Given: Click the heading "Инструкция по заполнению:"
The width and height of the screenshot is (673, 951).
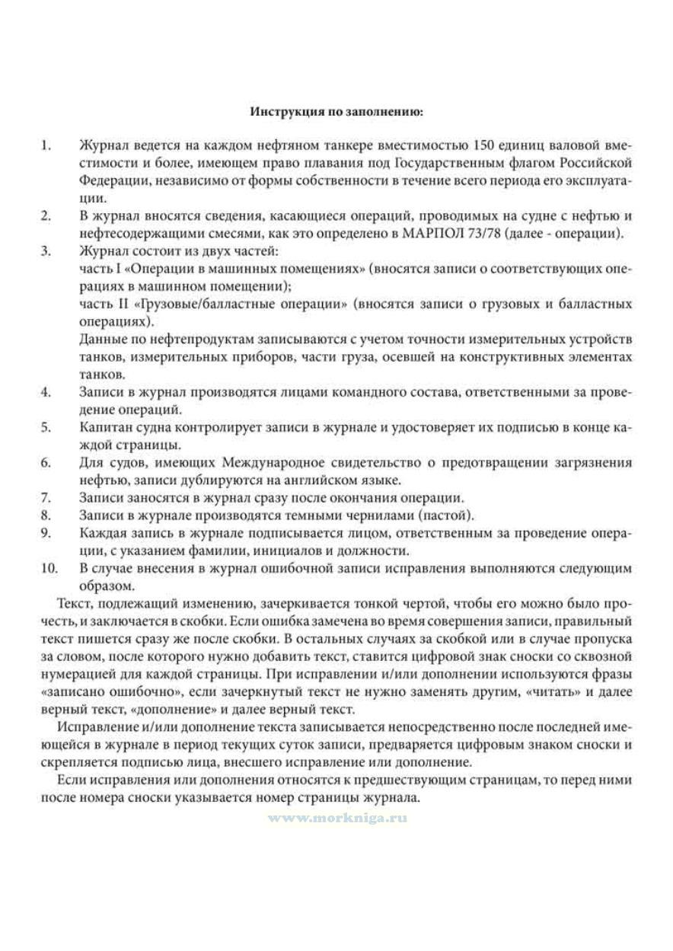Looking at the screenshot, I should pyautogui.click(x=336, y=111).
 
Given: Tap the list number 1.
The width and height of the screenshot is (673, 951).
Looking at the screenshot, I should pyautogui.click(x=45, y=145).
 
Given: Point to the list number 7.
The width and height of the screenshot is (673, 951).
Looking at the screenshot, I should pyautogui.click(x=46, y=497).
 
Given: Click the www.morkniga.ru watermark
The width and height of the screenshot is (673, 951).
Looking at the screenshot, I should pyautogui.click(x=336, y=816).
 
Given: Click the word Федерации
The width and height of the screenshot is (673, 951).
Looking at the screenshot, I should pyautogui.click(x=107, y=180).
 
